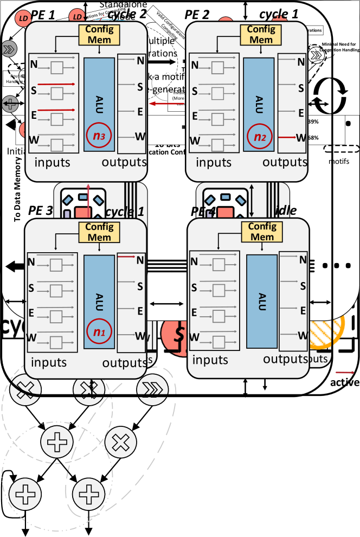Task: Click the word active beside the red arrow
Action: (x=345, y=382)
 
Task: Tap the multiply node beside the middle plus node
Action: (x=120, y=443)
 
